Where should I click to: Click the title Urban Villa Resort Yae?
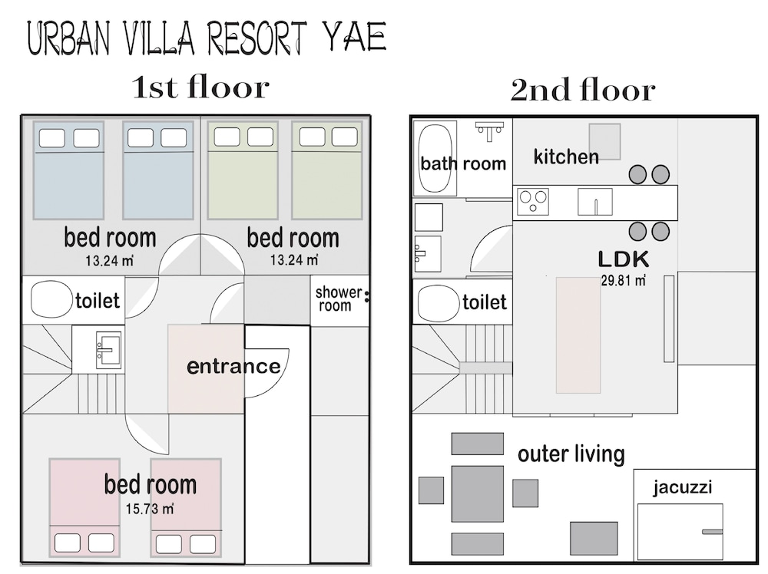[207, 38]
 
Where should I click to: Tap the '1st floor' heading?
[200, 87]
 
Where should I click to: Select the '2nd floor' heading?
[583, 90]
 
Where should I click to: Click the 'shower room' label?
[339, 299]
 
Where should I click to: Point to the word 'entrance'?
[233, 367]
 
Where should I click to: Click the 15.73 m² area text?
[150, 509]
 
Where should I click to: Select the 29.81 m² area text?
[623, 281]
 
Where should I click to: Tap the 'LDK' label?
[624, 259]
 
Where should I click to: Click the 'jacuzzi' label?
[682, 487]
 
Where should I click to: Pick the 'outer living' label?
[571, 454]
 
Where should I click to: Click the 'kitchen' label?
[566, 157]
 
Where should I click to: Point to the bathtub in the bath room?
[435, 160]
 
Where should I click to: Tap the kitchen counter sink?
[595, 202]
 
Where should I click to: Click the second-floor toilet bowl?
[439, 303]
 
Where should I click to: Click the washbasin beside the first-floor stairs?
[108, 350]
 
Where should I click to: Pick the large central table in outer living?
[478, 493]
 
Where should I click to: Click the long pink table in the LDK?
[578, 335]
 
